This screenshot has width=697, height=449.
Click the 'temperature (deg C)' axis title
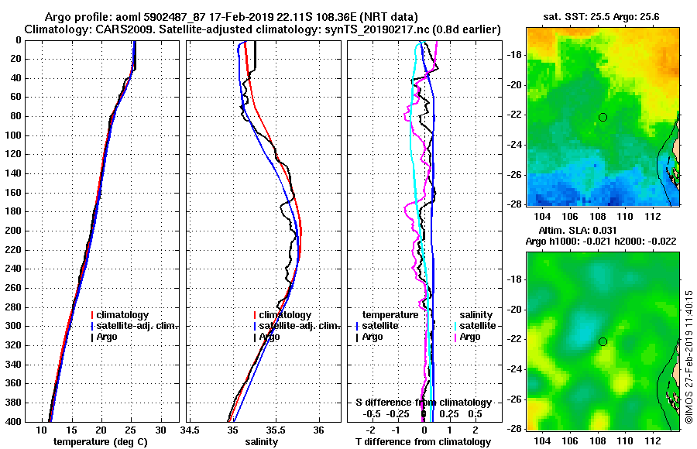click(101, 442)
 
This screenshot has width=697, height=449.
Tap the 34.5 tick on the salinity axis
click(191, 430)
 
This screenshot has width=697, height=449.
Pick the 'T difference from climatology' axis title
click(422, 442)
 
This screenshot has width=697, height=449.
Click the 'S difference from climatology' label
click(424, 403)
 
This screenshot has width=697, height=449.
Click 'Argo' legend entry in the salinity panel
click(269, 337)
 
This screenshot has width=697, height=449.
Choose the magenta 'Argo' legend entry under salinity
click(469, 337)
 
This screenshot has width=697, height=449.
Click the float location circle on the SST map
click(603, 117)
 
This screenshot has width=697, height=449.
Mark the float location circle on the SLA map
click(603, 341)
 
